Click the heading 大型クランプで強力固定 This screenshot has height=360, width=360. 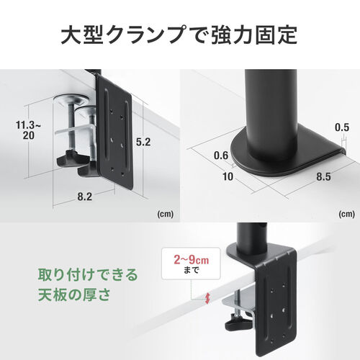click(x=179, y=34)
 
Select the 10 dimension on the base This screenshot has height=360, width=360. click(x=227, y=175)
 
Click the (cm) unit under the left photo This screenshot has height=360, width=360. click(x=164, y=213)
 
